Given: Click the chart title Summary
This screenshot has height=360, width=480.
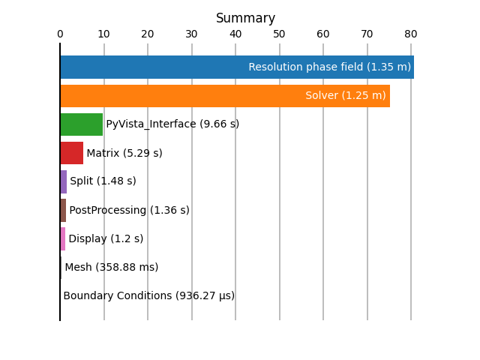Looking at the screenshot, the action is pyautogui.click(x=245, y=18).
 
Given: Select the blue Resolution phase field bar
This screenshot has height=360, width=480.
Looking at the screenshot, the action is pyautogui.click(x=237, y=67).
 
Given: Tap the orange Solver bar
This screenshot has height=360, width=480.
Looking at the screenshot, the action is pyautogui.click(x=225, y=96).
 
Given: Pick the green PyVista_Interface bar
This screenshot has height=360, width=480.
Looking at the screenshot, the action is pyautogui.click(x=82, y=124).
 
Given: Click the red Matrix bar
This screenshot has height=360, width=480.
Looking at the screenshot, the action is pyautogui.click(x=72, y=153).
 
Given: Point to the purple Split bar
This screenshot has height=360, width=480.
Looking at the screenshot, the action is pyautogui.click(x=64, y=181).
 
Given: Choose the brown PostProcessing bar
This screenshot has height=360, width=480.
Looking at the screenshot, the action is pyautogui.click(x=63, y=210).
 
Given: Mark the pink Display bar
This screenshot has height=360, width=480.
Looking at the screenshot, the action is pyautogui.click(x=63, y=238).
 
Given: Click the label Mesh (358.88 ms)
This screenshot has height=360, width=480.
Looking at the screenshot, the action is pyautogui.click(x=112, y=267).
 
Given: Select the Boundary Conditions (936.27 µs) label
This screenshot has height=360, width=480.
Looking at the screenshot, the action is pyautogui.click(x=149, y=295).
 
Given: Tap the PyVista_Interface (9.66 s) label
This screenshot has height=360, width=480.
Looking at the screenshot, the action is pyautogui.click(x=172, y=124).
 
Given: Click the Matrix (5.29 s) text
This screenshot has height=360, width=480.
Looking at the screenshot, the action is pyautogui.click(x=124, y=153).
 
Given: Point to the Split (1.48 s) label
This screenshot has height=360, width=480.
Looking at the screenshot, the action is pyautogui.click(x=103, y=181).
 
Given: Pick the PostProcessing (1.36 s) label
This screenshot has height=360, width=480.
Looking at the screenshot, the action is pyautogui.click(x=130, y=210).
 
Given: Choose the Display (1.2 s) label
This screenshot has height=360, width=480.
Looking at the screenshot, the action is pyautogui.click(x=106, y=238).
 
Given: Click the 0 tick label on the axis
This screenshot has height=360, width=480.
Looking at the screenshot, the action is pyautogui.click(x=60, y=34).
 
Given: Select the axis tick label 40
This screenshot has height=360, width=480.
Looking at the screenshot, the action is pyautogui.click(x=235, y=34).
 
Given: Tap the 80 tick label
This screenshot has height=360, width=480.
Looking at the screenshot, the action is pyautogui.click(x=411, y=34).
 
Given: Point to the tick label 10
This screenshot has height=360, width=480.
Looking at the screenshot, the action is pyautogui.click(x=103, y=34).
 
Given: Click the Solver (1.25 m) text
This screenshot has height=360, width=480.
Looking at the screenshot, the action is pyautogui.click(x=346, y=95).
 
